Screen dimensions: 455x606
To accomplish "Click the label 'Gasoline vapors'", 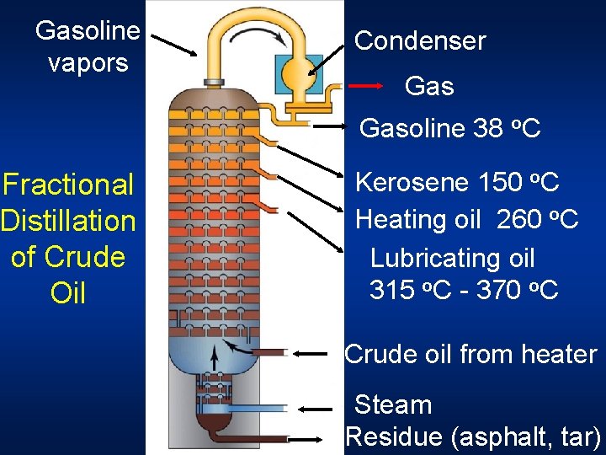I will [88, 46].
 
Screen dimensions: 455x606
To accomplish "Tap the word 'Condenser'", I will [420, 40].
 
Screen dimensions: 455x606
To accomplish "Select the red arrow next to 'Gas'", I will [367, 86].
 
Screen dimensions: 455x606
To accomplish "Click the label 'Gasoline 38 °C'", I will [449, 128].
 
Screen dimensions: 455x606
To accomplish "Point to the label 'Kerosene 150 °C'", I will [457, 181].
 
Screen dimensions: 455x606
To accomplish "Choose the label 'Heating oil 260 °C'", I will [466, 219].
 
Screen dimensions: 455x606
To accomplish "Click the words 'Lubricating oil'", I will [453, 258].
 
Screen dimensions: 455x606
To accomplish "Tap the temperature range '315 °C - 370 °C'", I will [464, 290].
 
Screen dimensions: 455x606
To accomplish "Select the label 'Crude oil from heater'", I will [470, 354].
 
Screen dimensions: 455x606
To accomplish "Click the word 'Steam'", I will [393, 404].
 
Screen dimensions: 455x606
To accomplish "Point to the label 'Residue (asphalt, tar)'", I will [473, 436].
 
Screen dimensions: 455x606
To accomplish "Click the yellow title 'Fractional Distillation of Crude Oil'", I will [68, 238].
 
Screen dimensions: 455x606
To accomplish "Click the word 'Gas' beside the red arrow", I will [429, 86].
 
